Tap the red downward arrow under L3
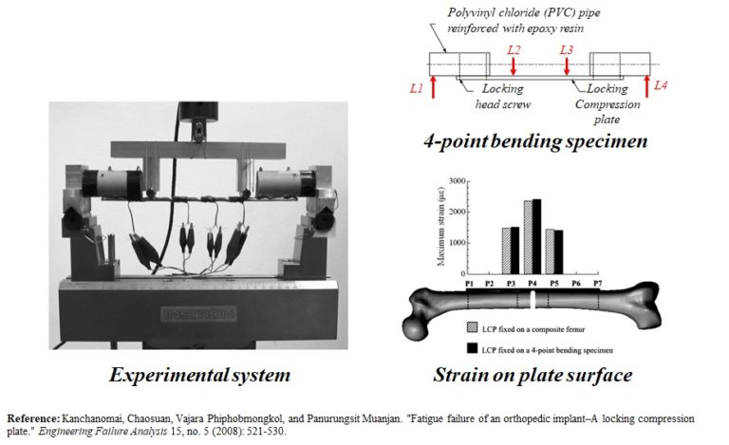tap(568, 67)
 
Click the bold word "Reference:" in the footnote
tap(33, 417)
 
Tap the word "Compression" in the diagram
tap(607, 104)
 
